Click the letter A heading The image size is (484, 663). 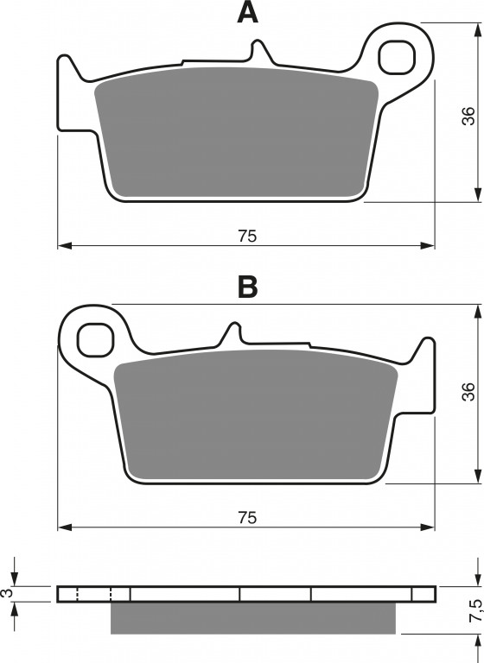click(248, 13)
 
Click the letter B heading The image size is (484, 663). click(248, 287)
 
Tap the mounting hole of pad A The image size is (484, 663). click(397, 58)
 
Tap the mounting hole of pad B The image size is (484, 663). click(95, 339)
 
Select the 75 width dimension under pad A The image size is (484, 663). click(247, 236)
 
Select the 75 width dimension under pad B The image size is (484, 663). click(247, 518)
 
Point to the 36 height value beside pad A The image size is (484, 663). click(468, 116)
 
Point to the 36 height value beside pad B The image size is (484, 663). click(468, 392)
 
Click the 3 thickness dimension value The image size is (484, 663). click(7, 593)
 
